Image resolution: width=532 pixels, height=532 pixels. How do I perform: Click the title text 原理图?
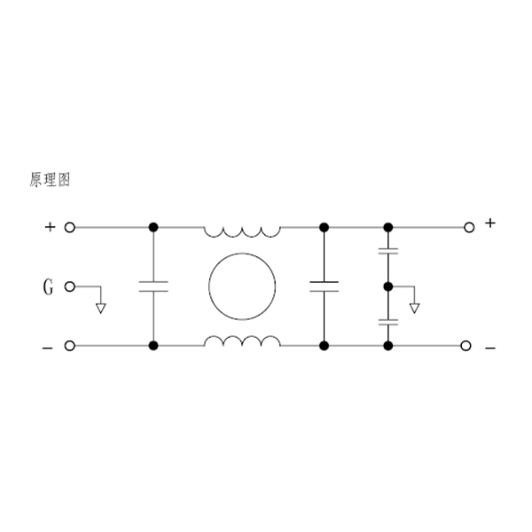point(50,180)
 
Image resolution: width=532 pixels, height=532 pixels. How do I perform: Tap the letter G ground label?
point(48,287)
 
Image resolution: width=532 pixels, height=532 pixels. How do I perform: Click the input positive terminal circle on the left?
point(69,227)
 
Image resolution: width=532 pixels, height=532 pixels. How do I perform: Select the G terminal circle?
point(69,286)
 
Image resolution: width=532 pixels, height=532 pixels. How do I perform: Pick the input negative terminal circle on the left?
point(69,346)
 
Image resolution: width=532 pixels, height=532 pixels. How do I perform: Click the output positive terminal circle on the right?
point(469,227)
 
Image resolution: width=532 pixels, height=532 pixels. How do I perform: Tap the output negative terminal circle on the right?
point(465,346)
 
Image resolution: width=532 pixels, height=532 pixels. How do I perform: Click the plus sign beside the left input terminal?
point(50,227)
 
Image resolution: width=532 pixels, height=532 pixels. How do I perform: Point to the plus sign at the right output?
point(490,223)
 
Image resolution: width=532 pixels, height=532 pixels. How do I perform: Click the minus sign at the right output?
point(490,348)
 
